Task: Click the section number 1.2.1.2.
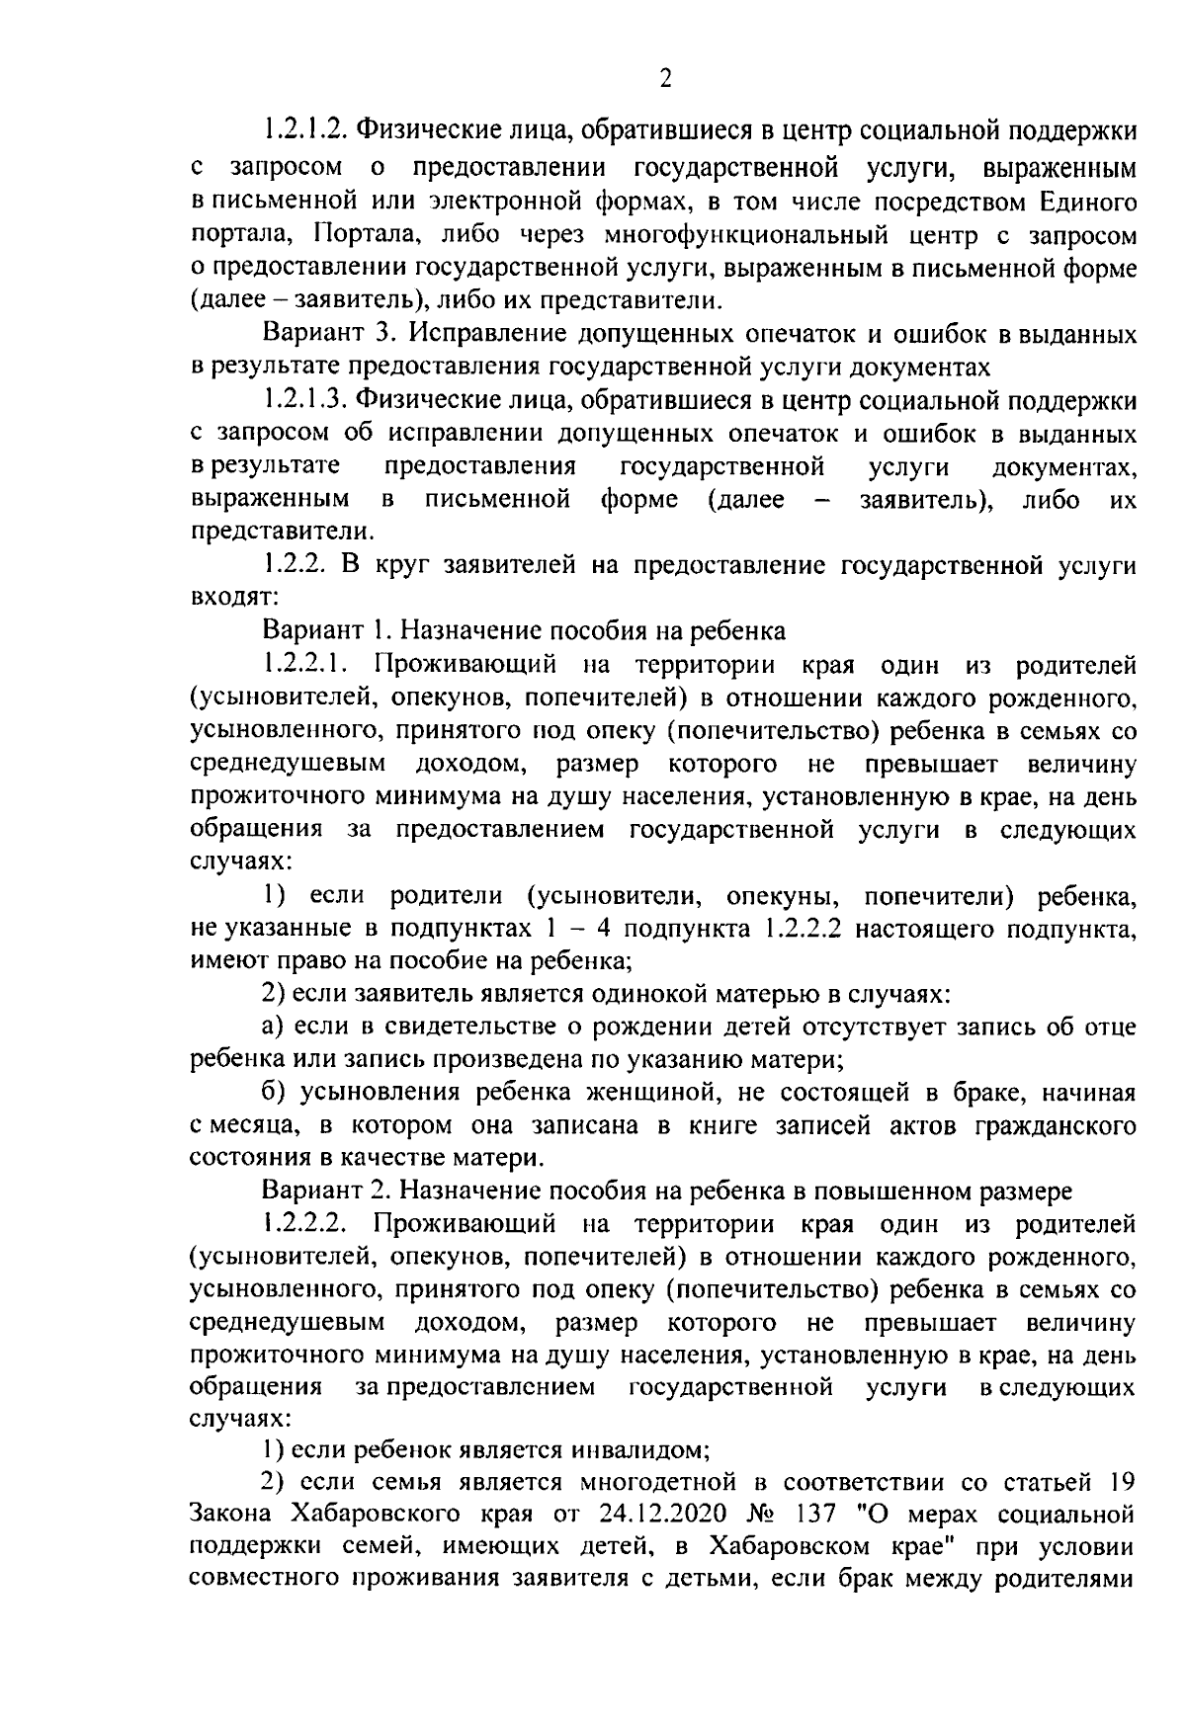(303, 130)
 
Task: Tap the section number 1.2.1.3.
(303, 400)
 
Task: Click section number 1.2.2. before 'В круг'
(296, 565)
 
